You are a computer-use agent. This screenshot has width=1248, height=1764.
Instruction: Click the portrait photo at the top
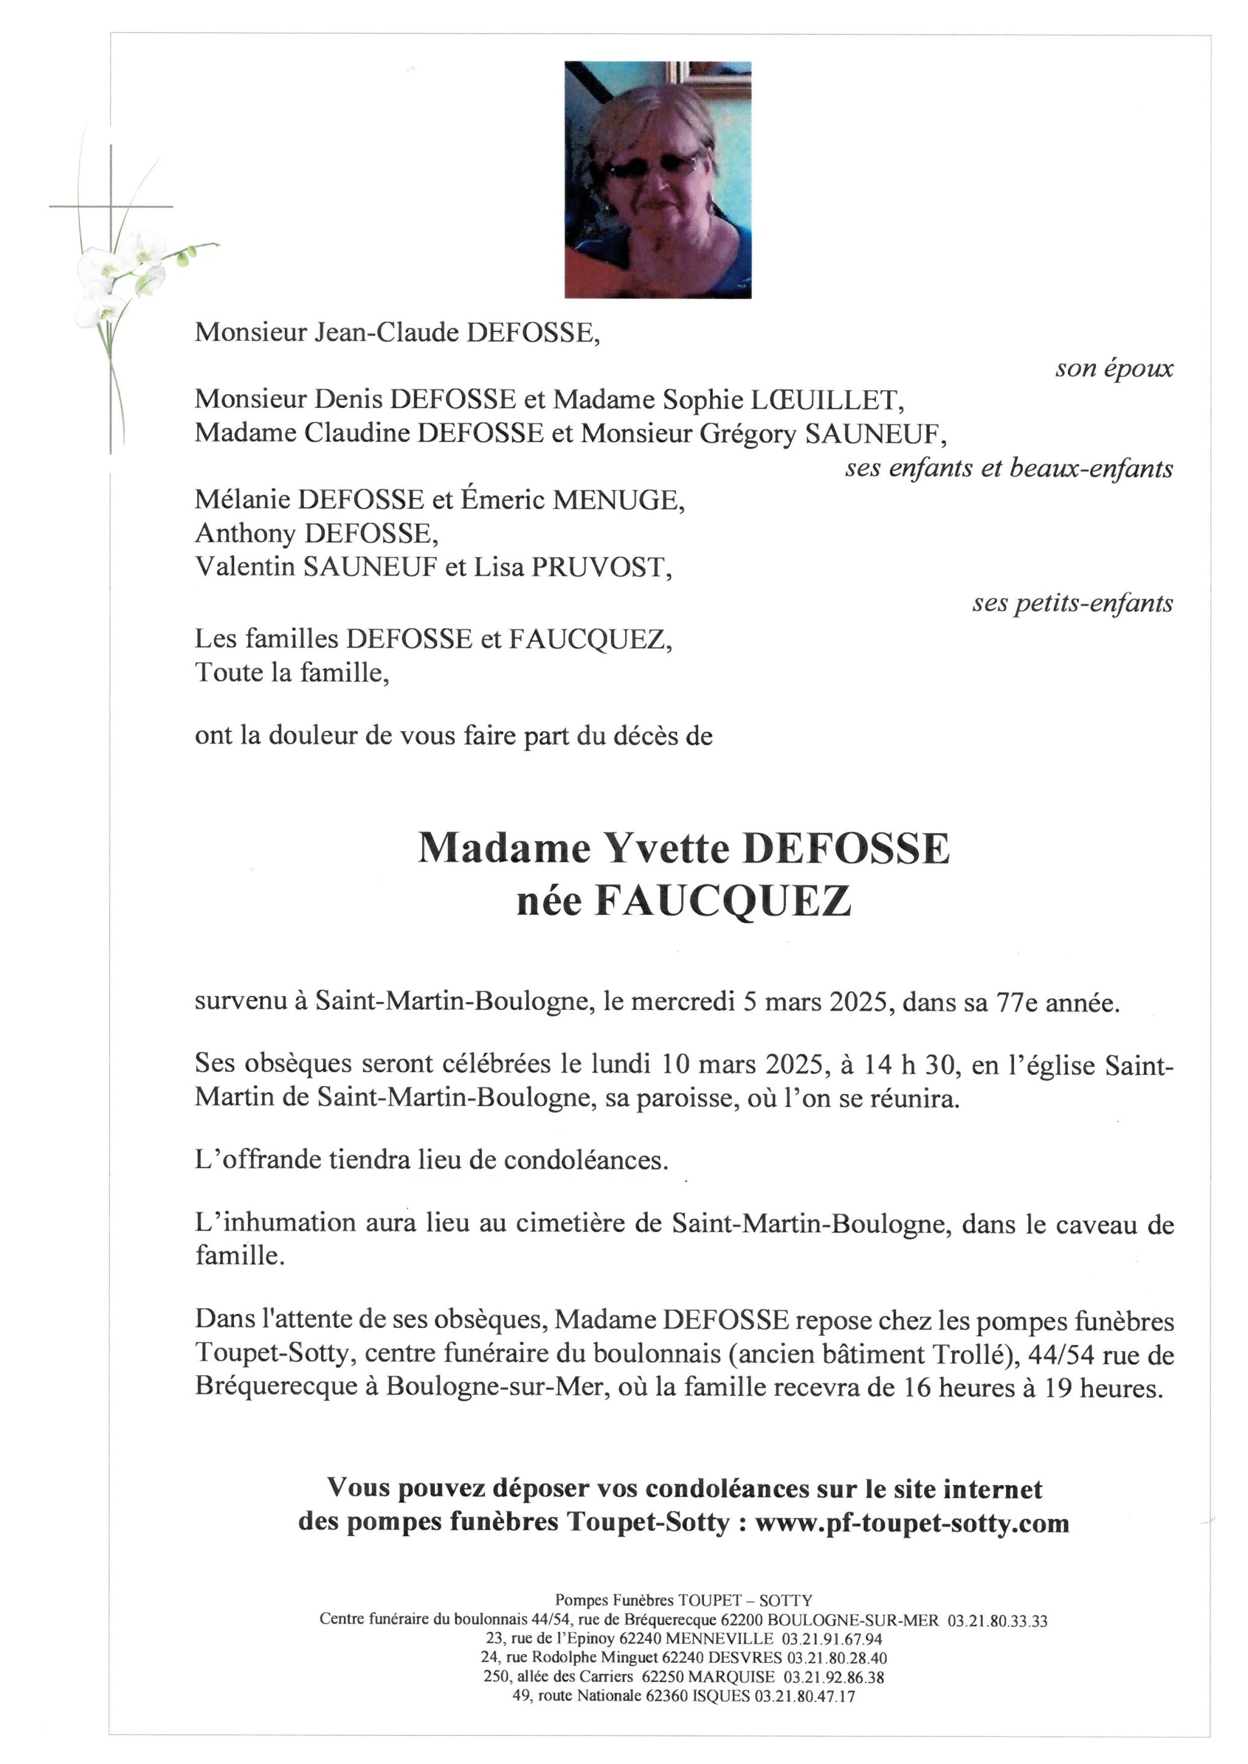tap(658, 180)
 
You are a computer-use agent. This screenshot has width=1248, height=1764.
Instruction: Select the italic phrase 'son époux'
tap(1113, 369)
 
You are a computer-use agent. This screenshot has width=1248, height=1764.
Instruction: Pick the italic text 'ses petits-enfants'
tap(1072, 603)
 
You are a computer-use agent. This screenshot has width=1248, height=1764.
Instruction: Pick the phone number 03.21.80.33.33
tap(997, 1621)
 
